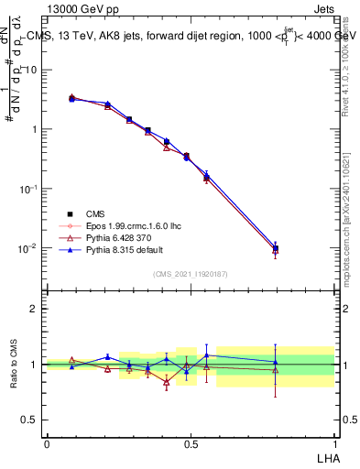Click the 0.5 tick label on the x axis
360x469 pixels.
pos(191,442)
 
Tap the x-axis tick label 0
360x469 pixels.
pos(47,442)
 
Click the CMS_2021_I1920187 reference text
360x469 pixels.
pos(191,273)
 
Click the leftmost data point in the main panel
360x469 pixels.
pos(71,97)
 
